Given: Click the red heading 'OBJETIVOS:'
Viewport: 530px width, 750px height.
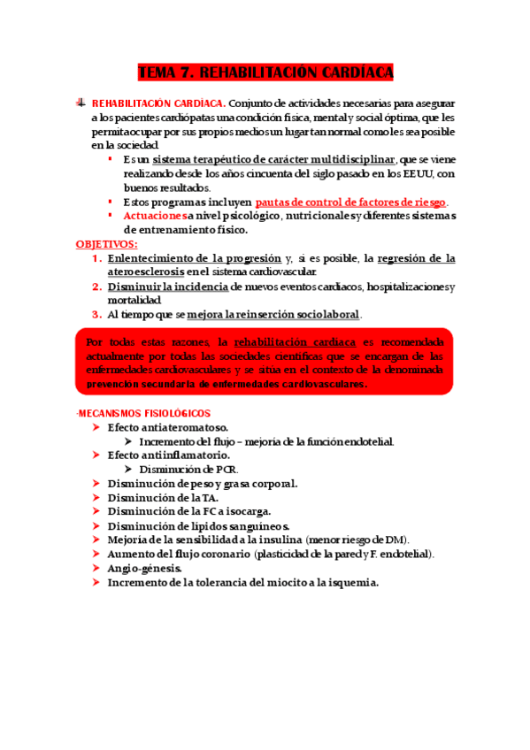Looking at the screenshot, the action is (x=107, y=243).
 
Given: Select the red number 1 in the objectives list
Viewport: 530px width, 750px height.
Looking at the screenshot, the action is (x=96, y=258).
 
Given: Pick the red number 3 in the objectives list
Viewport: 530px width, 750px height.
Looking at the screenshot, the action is (x=96, y=315).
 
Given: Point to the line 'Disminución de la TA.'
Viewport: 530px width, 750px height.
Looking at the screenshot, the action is (x=157, y=498).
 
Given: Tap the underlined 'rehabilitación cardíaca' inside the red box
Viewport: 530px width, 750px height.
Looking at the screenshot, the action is (x=295, y=341).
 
